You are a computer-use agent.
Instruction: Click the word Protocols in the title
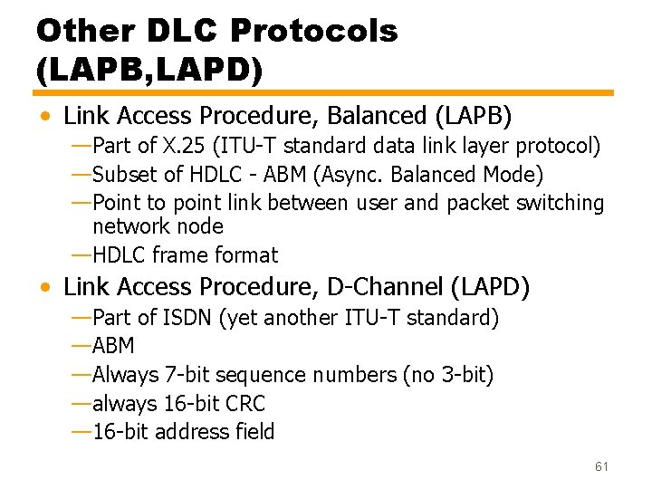[x=314, y=31]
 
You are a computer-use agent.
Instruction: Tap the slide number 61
[x=601, y=466]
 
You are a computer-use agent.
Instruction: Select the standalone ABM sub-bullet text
[x=113, y=347]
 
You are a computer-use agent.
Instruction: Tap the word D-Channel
[x=381, y=287]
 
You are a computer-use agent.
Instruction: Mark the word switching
[x=560, y=203]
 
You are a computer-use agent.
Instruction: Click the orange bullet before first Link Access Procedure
[x=45, y=117]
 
